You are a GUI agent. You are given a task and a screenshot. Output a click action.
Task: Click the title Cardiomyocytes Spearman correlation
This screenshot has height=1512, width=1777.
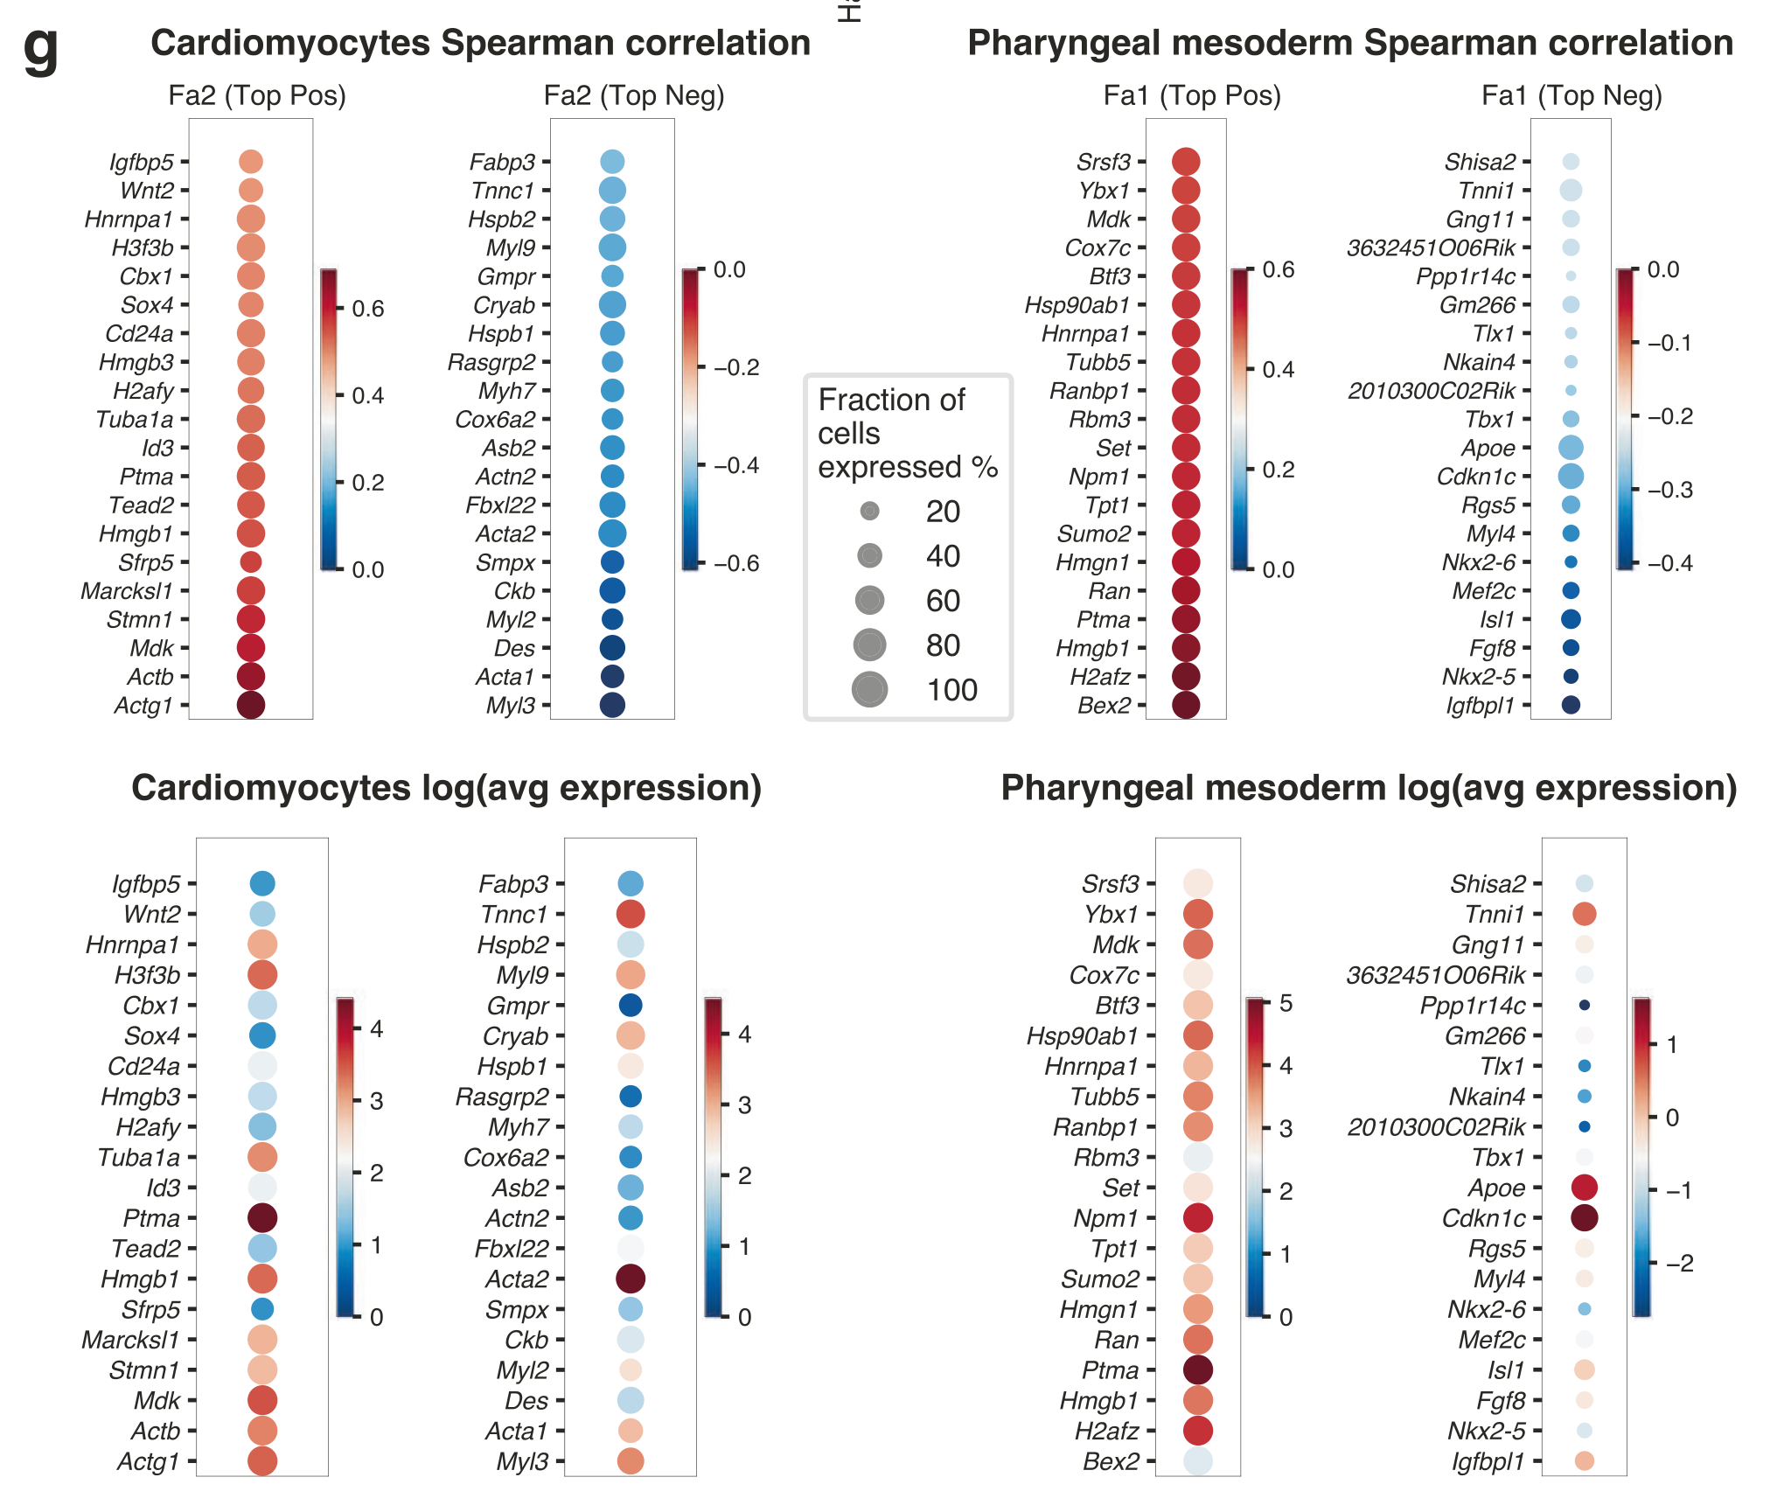[480, 43]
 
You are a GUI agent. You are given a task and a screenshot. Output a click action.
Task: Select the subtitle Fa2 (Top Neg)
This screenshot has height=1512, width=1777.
[634, 95]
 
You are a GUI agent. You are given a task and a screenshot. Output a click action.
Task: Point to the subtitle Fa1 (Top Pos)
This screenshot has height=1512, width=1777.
[1192, 95]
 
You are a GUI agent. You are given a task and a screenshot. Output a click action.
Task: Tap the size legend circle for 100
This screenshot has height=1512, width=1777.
[869, 690]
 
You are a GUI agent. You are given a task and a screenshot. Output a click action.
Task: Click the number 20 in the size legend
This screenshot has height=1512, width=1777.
[943, 512]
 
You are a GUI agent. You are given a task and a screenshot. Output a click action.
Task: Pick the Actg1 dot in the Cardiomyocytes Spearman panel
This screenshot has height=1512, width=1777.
[251, 705]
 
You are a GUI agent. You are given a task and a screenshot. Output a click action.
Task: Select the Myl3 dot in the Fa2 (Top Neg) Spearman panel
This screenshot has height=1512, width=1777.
[612, 705]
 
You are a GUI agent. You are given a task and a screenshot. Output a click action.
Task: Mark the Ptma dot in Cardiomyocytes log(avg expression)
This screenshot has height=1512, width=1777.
[262, 1217]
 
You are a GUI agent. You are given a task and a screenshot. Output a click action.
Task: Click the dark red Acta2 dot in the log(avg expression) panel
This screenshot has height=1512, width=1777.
[631, 1279]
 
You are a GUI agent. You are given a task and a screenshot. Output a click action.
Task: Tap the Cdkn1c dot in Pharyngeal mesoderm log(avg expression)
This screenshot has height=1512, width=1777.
[1585, 1217]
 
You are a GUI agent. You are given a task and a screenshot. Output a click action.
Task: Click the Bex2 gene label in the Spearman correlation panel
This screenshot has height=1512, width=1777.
[1104, 706]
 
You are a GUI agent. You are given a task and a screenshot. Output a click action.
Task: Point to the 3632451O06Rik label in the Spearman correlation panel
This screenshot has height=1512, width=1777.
[1431, 248]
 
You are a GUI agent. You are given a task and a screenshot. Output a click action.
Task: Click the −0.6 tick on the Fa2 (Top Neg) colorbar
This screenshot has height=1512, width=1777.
[736, 563]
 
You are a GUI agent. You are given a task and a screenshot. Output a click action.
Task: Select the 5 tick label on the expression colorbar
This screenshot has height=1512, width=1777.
[1286, 1003]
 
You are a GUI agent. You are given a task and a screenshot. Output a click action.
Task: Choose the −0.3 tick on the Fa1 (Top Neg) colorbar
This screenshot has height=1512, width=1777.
[1669, 490]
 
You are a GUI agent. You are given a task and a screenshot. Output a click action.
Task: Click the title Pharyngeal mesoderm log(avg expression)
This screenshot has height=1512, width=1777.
[1369, 788]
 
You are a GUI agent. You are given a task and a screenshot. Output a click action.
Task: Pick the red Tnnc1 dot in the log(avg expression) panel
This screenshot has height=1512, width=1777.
[631, 914]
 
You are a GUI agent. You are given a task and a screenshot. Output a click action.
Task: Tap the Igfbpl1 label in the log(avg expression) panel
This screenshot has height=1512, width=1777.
[1488, 1461]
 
